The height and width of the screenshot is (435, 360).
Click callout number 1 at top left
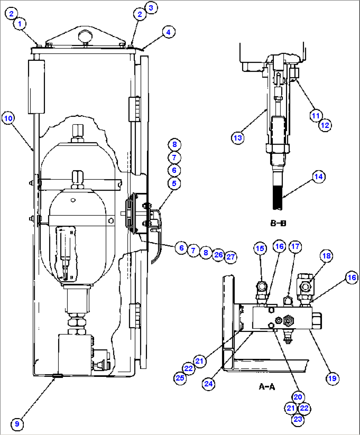tap(20, 24)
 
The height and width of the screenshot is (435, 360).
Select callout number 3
tap(151, 8)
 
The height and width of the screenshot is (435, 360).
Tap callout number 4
tap(168, 32)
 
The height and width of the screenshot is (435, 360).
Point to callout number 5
tap(174, 183)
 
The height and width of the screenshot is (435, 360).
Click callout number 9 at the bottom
tap(17, 424)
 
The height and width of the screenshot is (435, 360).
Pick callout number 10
tap(8, 118)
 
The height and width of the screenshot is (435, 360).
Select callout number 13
tap(238, 138)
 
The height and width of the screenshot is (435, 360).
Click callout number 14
tap(318, 177)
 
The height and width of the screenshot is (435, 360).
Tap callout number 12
tap(325, 125)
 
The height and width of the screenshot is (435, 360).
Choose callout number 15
tap(260, 248)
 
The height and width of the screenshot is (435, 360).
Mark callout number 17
tap(295, 247)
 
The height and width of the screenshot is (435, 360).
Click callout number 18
tap(326, 256)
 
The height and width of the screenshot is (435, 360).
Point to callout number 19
tap(332, 379)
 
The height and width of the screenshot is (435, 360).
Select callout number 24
tap(208, 384)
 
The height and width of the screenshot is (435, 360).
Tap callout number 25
tap(180, 378)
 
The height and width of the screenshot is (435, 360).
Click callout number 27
tap(231, 257)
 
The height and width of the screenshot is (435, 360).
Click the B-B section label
tap(278, 223)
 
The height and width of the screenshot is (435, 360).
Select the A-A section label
tap(267, 386)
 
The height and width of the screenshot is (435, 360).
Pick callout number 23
tap(298, 419)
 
